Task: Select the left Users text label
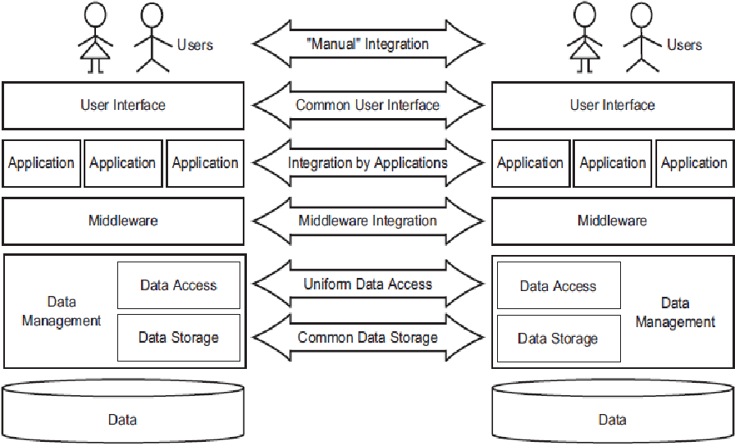(195, 45)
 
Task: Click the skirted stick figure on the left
(96, 38)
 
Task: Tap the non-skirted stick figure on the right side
(641, 38)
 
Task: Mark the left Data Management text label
(62, 311)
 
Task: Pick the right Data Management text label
(675, 312)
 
